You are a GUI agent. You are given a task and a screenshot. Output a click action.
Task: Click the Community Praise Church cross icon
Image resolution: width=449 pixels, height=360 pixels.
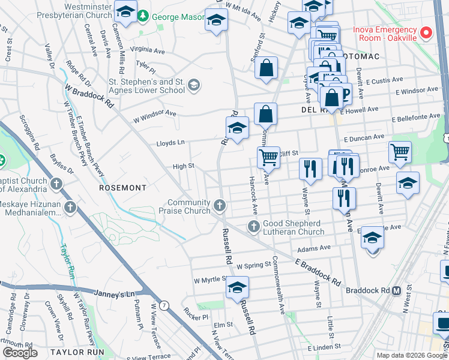[220, 206]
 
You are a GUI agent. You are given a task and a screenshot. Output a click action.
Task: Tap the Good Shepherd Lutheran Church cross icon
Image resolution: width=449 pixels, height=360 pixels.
[254, 226]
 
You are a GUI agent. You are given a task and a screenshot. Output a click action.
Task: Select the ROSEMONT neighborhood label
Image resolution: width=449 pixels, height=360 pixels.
[123, 188]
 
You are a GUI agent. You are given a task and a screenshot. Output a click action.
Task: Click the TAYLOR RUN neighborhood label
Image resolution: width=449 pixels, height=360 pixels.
[77, 352]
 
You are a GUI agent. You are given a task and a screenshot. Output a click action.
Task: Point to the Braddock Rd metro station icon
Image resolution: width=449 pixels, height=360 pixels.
[396, 290]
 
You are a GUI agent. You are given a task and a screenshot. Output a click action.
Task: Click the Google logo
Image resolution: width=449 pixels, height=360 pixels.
[20, 353]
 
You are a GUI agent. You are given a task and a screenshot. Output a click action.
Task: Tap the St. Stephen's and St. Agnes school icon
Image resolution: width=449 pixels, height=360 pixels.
[193, 85]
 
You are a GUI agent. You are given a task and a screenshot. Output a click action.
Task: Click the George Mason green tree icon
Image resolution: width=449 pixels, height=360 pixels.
[143, 16]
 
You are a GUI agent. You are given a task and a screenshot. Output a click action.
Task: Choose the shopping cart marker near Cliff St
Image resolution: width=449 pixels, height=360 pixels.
[268, 157]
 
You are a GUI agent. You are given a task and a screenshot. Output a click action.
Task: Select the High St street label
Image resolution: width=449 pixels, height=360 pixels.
[183, 166]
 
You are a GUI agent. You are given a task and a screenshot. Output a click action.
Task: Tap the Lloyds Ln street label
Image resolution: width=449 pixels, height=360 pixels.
[170, 143]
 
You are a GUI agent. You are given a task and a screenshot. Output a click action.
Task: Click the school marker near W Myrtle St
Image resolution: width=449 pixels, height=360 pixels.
[237, 288]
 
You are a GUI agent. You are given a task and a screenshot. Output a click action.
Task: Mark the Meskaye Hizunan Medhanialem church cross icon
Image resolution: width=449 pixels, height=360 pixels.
[71, 208]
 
